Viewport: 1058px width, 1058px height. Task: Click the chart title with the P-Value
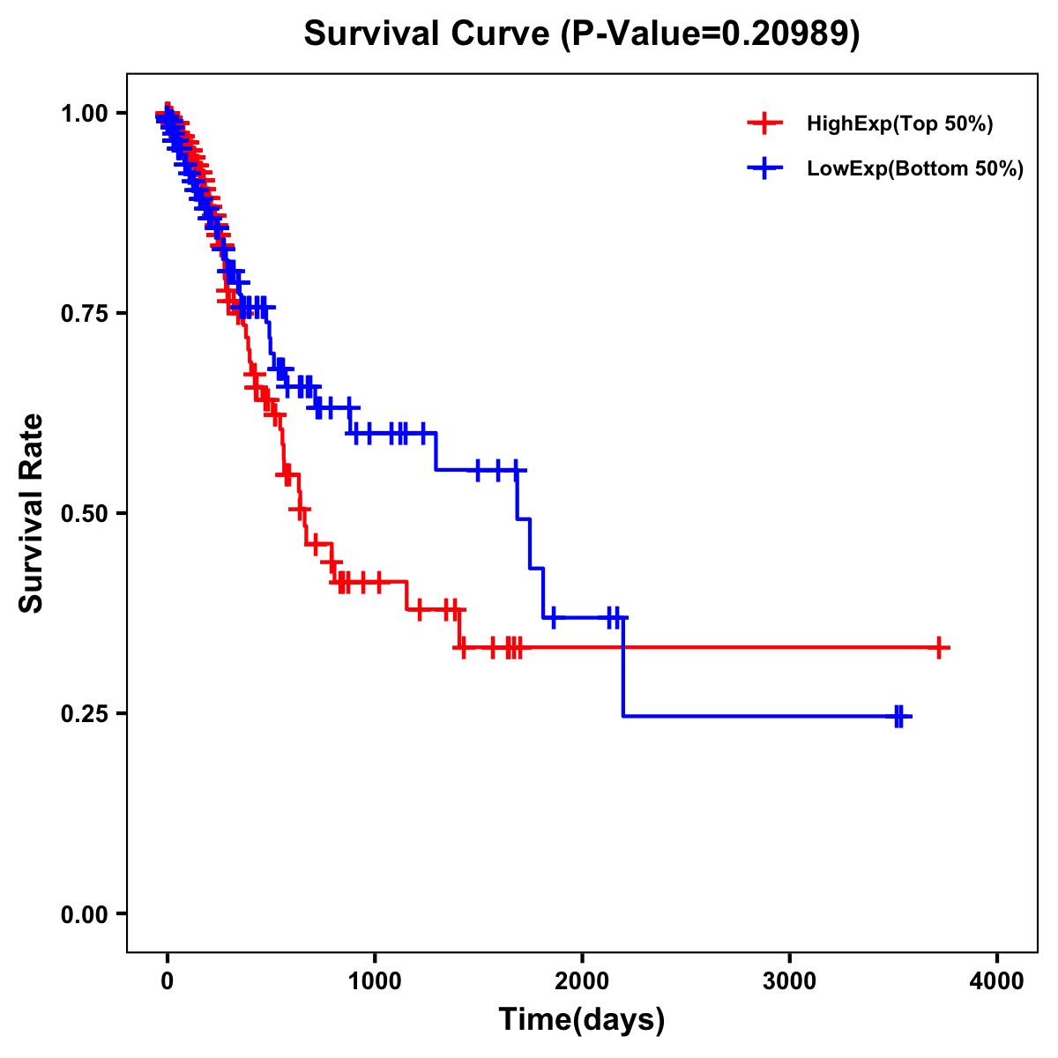581,34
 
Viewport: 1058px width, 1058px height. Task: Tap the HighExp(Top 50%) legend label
899,124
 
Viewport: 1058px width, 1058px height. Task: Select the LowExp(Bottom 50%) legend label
914,169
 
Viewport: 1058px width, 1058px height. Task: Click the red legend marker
764,124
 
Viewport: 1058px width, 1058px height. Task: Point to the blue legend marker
764,168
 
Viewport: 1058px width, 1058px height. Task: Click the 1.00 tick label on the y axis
84,114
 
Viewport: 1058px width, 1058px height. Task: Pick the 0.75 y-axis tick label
84,314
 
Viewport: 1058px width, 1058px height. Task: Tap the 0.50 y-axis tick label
84,514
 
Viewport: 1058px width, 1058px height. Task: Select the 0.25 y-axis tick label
84,714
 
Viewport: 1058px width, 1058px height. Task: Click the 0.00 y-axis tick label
84,914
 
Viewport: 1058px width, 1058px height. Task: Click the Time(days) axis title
581,1020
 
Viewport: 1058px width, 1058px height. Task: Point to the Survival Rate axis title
32,512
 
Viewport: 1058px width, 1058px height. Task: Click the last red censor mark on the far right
940,647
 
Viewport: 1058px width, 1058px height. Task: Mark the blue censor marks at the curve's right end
899,716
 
